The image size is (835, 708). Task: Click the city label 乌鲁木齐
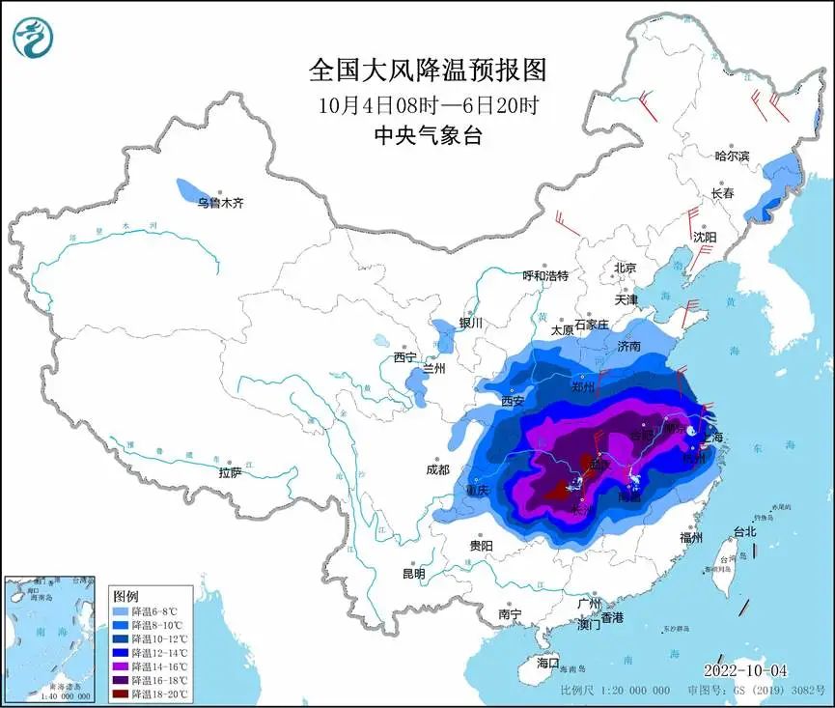(220, 203)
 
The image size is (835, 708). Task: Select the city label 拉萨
(230, 472)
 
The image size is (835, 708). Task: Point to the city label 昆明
(413, 574)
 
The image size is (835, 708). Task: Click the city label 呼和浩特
(546, 275)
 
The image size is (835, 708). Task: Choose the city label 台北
(744, 531)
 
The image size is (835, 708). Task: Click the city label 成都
(436, 470)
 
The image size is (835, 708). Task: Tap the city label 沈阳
(705, 237)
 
